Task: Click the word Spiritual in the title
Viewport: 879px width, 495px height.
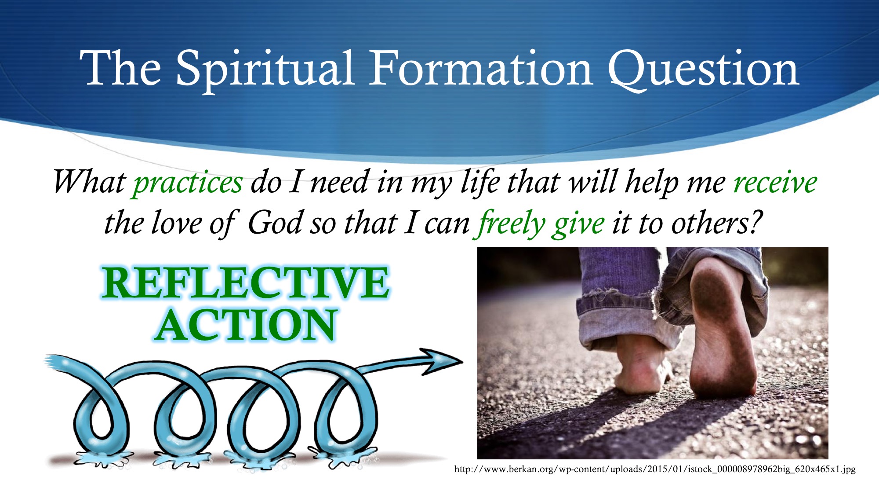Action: point(265,70)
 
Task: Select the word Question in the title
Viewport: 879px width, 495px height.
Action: point(704,70)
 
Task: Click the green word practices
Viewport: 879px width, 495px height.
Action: point(188,183)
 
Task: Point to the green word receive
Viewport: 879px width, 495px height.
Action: point(775,182)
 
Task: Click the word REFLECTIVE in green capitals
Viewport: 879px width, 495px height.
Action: point(246,282)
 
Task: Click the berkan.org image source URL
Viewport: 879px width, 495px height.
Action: point(655,469)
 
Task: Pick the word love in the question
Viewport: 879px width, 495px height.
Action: point(176,223)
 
